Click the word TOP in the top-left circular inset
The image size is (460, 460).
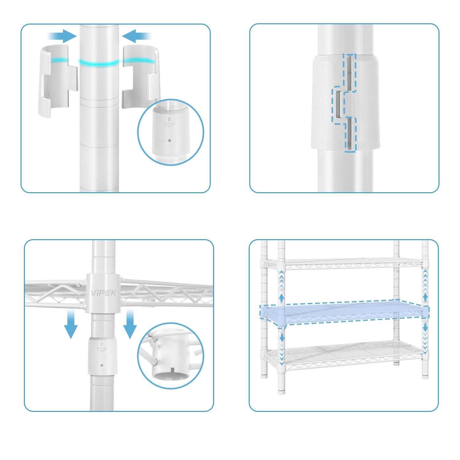[169, 125]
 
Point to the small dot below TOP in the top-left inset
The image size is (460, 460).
[169, 141]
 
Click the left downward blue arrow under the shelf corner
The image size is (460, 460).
[71, 324]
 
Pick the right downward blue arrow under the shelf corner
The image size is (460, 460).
[130, 324]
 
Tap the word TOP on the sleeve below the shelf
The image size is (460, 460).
[102, 350]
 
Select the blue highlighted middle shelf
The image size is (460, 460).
[345, 313]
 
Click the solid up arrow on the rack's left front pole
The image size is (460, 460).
[281, 297]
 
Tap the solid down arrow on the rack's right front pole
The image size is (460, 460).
[425, 328]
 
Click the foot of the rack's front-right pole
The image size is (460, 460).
[425, 373]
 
